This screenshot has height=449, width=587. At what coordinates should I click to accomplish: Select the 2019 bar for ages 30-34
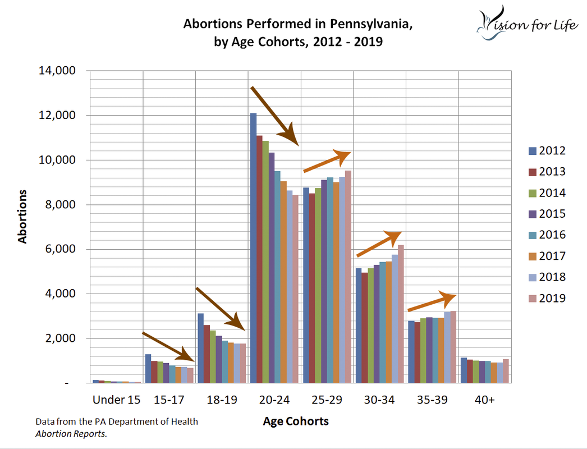(x=401, y=314)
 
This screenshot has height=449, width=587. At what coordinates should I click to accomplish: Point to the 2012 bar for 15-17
(x=148, y=368)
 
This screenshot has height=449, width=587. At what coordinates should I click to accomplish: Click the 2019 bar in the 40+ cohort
(x=506, y=371)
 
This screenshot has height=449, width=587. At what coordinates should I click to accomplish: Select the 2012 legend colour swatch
(x=532, y=150)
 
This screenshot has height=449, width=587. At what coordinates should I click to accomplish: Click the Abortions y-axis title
(x=22, y=216)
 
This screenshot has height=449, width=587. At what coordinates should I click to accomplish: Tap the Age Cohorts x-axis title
(x=296, y=421)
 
